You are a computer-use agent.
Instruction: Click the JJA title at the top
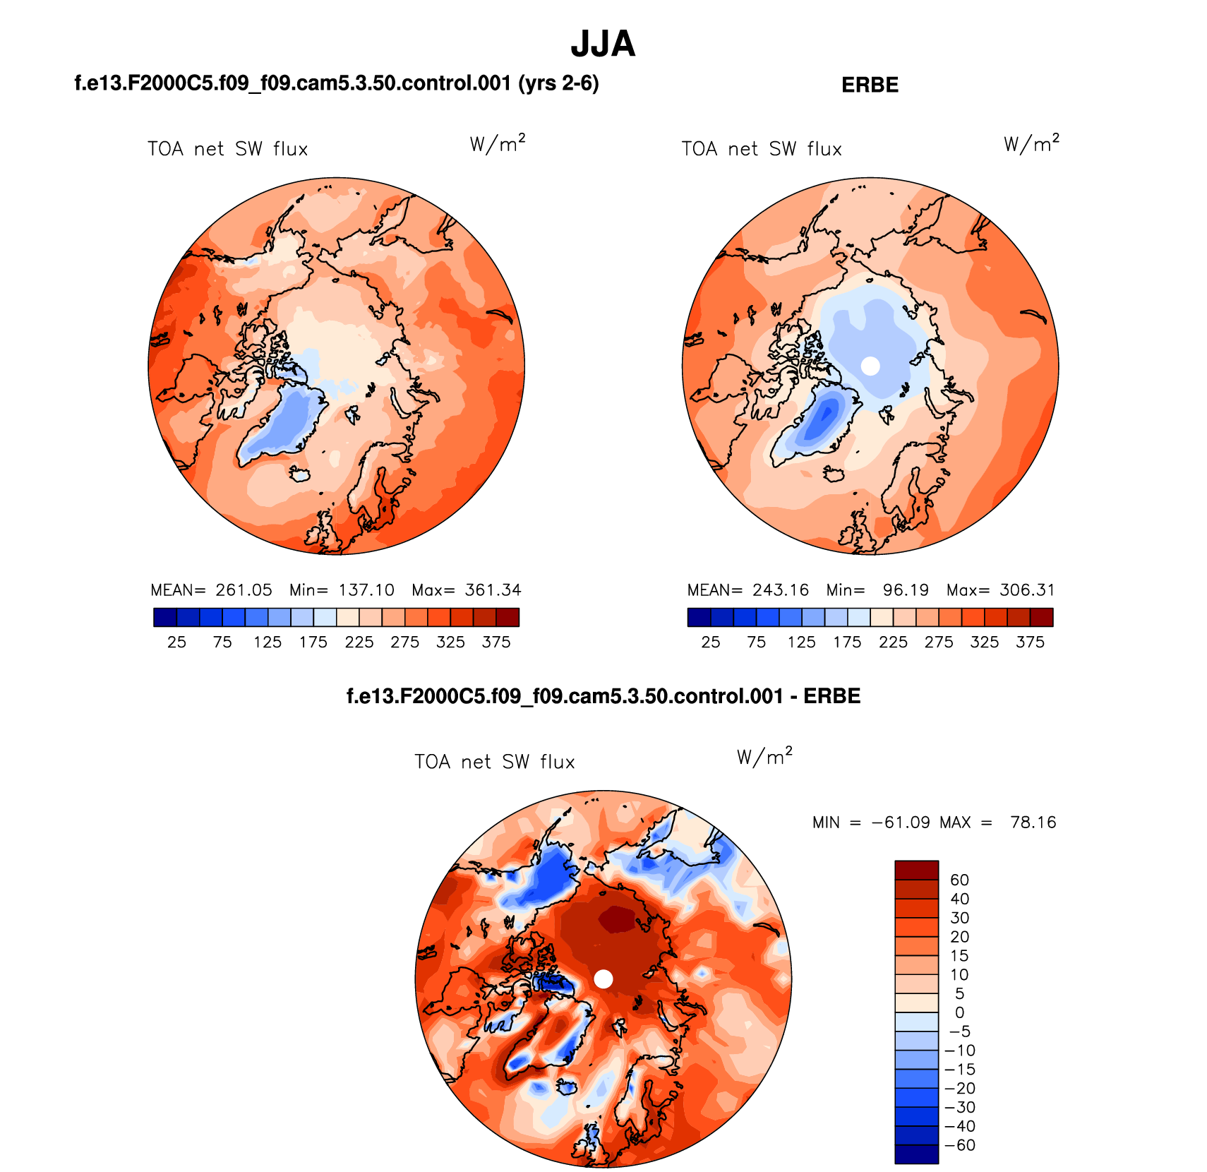point(603,44)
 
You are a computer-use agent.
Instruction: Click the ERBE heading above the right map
point(870,85)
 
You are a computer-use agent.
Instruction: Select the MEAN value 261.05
point(244,590)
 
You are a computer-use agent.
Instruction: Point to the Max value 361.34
point(493,590)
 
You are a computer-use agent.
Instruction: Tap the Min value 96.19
point(906,590)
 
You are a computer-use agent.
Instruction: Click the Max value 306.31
point(1027,590)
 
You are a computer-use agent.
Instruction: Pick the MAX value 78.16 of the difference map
point(1033,823)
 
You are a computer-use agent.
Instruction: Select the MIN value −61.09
point(901,823)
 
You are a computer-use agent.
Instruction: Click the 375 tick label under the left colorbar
point(496,642)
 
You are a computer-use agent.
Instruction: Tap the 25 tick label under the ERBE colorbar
point(711,642)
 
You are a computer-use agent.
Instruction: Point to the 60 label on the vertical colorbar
point(959,880)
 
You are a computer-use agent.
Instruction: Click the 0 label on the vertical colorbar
point(959,1012)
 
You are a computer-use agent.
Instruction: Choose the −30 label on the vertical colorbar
point(960,1107)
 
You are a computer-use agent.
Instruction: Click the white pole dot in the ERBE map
point(870,366)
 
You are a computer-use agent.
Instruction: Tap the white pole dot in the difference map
point(603,979)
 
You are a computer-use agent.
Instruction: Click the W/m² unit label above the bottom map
point(764,757)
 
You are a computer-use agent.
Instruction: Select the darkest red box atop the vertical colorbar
point(916,870)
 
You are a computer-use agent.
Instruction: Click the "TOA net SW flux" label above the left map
point(228,150)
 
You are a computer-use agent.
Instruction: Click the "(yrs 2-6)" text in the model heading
point(558,84)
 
